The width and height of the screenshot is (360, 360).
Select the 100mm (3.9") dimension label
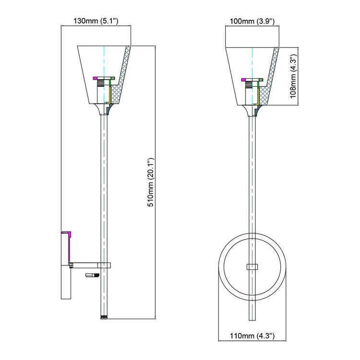coord(252,21)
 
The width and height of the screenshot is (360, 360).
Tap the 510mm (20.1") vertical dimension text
coord(150,182)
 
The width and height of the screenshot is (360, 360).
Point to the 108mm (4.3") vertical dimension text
coord(293,75)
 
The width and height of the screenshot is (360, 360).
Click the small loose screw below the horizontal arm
coord(92,275)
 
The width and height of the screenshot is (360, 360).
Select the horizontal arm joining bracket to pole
coord(89,264)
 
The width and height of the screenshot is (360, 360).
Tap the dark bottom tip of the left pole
coord(104,317)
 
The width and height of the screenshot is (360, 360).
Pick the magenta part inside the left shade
coord(96,78)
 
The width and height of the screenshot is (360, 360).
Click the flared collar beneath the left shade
coord(104,110)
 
